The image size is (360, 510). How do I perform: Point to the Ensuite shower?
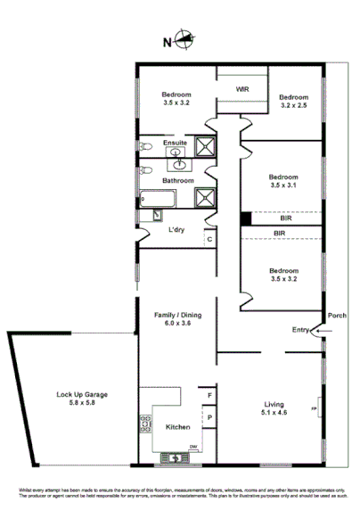207,146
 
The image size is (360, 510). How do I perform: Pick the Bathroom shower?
207,198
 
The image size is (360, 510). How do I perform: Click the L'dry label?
176,230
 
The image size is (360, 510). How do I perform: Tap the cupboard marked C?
209,238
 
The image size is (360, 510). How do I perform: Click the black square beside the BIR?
244,218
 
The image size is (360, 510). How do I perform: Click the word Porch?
337,316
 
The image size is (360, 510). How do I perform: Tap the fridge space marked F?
209,394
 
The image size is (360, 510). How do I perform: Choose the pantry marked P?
209,416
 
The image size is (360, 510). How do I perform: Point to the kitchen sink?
175,458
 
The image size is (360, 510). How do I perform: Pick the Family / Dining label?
176,315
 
